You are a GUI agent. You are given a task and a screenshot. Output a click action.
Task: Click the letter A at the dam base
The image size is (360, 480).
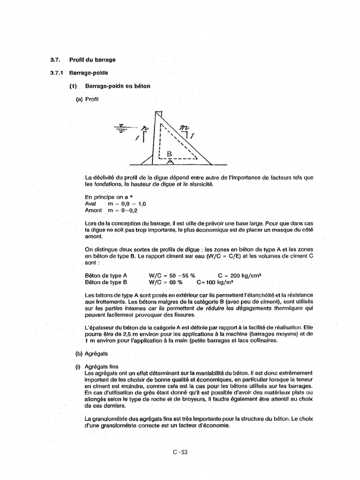[170, 162]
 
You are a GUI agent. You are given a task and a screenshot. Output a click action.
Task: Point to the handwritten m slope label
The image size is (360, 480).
[185, 127]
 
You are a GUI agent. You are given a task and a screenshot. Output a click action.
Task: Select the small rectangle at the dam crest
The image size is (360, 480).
[159, 114]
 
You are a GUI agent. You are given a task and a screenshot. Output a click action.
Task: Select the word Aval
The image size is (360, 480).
[90, 204]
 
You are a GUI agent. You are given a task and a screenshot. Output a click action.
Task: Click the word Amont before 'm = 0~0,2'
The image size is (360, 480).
[93, 211]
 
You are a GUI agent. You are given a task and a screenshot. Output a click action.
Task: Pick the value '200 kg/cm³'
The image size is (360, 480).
[247, 276]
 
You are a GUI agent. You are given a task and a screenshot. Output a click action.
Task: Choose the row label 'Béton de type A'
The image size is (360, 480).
[106, 276]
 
